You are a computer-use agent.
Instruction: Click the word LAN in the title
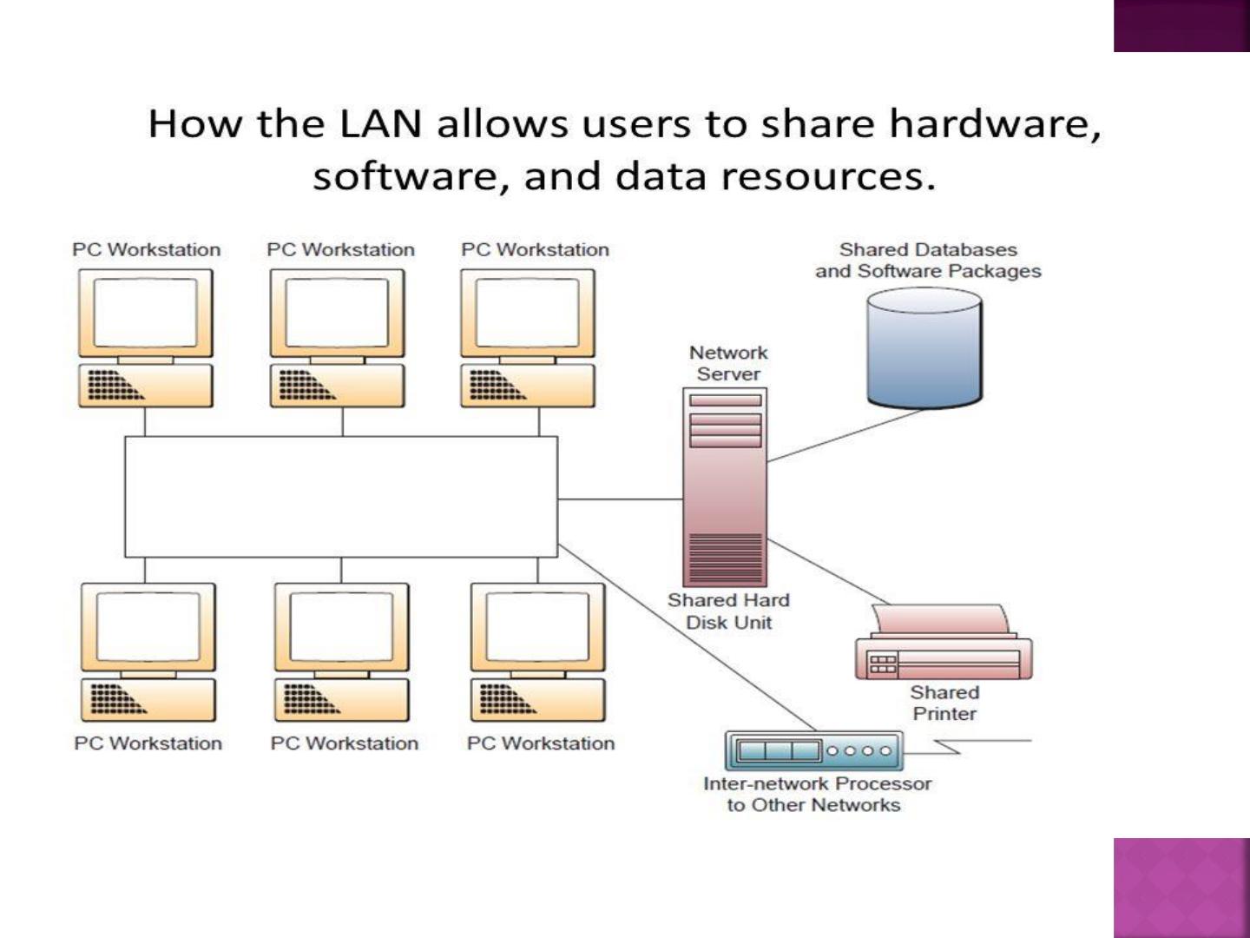pyautogui.click(x=380, y=123)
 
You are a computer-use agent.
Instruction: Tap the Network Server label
pyautogui.click(x=727, y=363)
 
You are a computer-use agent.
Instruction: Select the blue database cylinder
pyautogui.click(x=924, y=348)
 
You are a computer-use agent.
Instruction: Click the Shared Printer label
pyautogui.click(x=944, y=703)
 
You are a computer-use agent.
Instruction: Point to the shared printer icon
pyautogui.click(x=944, y=642)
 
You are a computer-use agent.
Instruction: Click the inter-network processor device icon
pyautogui.click(x=814, y=750)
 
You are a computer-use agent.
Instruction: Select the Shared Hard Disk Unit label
pyautogui.click(x=728, y=611)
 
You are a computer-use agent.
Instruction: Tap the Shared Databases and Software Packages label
pyautogui.click(x=928, y=261)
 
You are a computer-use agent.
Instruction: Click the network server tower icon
pyautogui.click(x=725, y=487)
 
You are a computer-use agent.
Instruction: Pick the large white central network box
pyautogui.click(x=341, y=497)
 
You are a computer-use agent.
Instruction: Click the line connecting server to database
pyautogui.click(x=845, y=436)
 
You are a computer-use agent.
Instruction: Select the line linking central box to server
pyautogui.click(x=620, y=499)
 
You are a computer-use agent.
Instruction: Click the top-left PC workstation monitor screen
pyautogui.click(x=145, y=313)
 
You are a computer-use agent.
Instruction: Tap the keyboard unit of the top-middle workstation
pyautogui.click(x=337, y=386)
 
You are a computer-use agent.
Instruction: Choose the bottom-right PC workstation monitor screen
pyautogui.click(x=537, y=626)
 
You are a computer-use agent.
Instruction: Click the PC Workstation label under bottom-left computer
pyautogui.click(x=148, y=743)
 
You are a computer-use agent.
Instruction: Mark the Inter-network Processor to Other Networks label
pyautogui.click(x=817, y=795)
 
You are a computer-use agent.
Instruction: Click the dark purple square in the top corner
pyautogui.click(x=1181, y=26)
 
